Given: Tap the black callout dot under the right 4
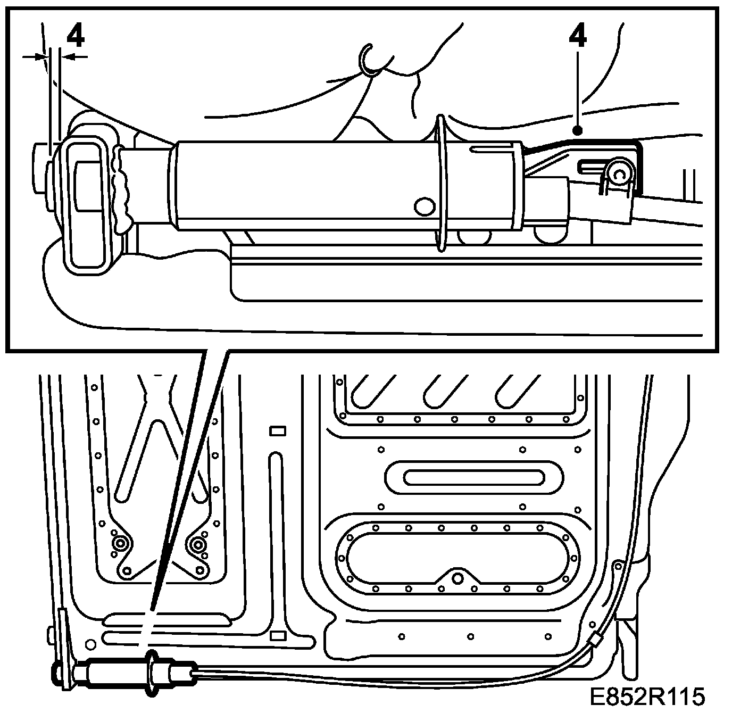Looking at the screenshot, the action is pyautogui.click(x=578, y=129).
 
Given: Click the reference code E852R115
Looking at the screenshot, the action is pyautogui.click(x=647, y=695).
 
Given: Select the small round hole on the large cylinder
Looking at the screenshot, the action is pyautogui.click(x=424, y=206).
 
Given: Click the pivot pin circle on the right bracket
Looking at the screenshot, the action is pyautogui.click(x=619, y=173).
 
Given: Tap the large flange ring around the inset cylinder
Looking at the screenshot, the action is pyautogui.click(x=441, y=184).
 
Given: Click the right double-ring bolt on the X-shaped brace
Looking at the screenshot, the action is pyautogui.click(x=198, y=544).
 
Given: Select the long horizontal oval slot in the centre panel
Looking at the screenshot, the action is pyautogui.click(x=473, y=477).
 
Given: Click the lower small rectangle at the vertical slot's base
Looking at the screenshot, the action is pyautogui.click(x=277, y=635).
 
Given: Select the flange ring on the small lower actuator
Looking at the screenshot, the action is pyautogui.click(x=154, y=673).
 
